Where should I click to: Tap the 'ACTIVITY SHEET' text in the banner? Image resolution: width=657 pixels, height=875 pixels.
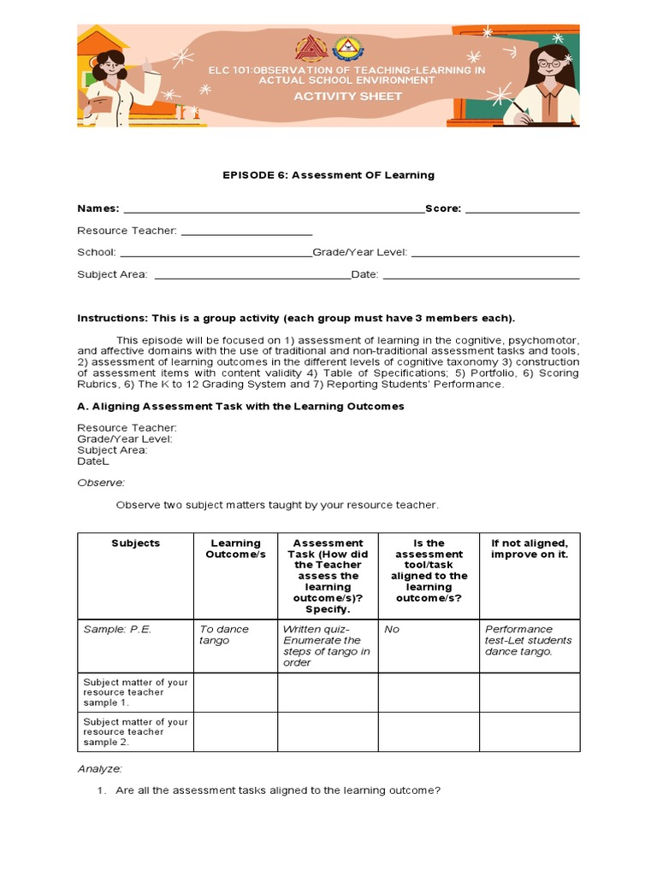347,96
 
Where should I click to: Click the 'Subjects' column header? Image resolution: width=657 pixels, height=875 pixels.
135,543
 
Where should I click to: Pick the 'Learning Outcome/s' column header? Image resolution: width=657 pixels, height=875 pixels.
235,549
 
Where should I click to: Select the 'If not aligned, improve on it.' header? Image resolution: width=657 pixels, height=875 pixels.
529,549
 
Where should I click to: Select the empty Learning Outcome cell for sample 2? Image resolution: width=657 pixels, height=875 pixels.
235,732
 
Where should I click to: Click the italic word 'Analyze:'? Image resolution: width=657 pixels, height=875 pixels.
100,769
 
